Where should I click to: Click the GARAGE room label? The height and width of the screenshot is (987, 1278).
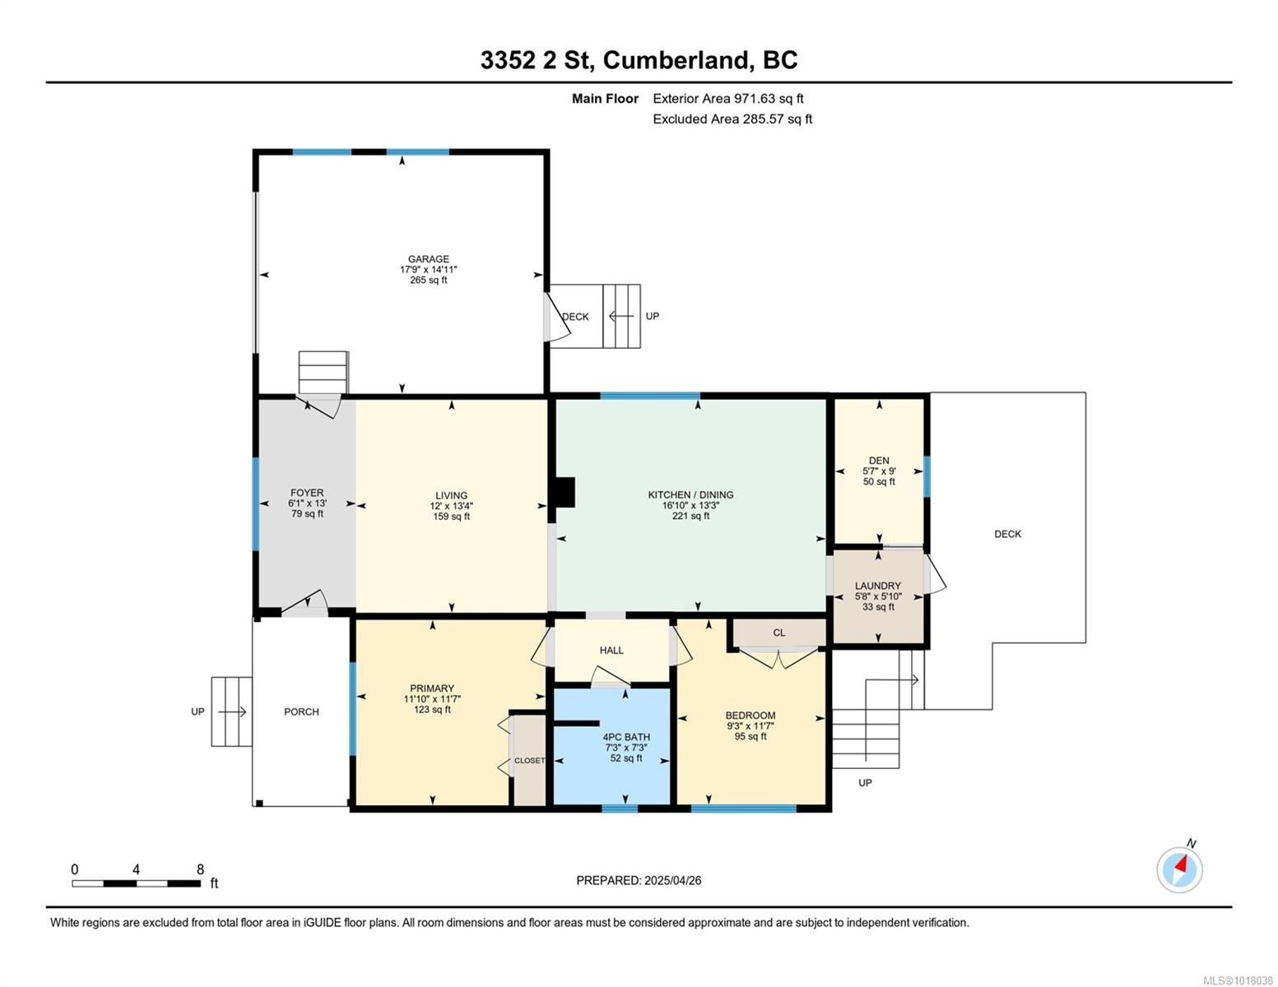[428, 258]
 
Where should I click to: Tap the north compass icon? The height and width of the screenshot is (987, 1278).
[1179, 869]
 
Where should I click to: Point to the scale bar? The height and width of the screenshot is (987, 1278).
[137, 883]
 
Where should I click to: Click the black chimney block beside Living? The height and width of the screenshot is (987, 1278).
[565, 492]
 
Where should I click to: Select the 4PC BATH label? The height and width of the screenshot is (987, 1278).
[626, 737]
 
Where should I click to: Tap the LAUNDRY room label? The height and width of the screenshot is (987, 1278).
[877, 586]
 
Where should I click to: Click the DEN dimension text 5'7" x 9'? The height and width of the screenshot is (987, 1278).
[879, 470]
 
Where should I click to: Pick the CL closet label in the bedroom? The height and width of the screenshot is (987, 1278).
[779, 633]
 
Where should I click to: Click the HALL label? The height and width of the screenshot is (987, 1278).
[611, 650]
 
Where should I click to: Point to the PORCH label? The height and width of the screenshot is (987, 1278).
[301, 712]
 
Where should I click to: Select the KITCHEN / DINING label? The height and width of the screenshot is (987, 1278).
[690, 495]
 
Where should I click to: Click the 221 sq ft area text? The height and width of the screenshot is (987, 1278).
[690, 517]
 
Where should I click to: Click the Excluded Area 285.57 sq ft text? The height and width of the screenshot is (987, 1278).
[732, 118]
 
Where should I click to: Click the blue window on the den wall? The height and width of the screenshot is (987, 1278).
[927, 477]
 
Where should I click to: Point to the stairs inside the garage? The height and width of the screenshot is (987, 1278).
[323, 372]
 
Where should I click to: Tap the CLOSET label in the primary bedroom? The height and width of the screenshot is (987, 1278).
[529, 761]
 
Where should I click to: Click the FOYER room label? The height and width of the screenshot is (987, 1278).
[307, 493]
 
